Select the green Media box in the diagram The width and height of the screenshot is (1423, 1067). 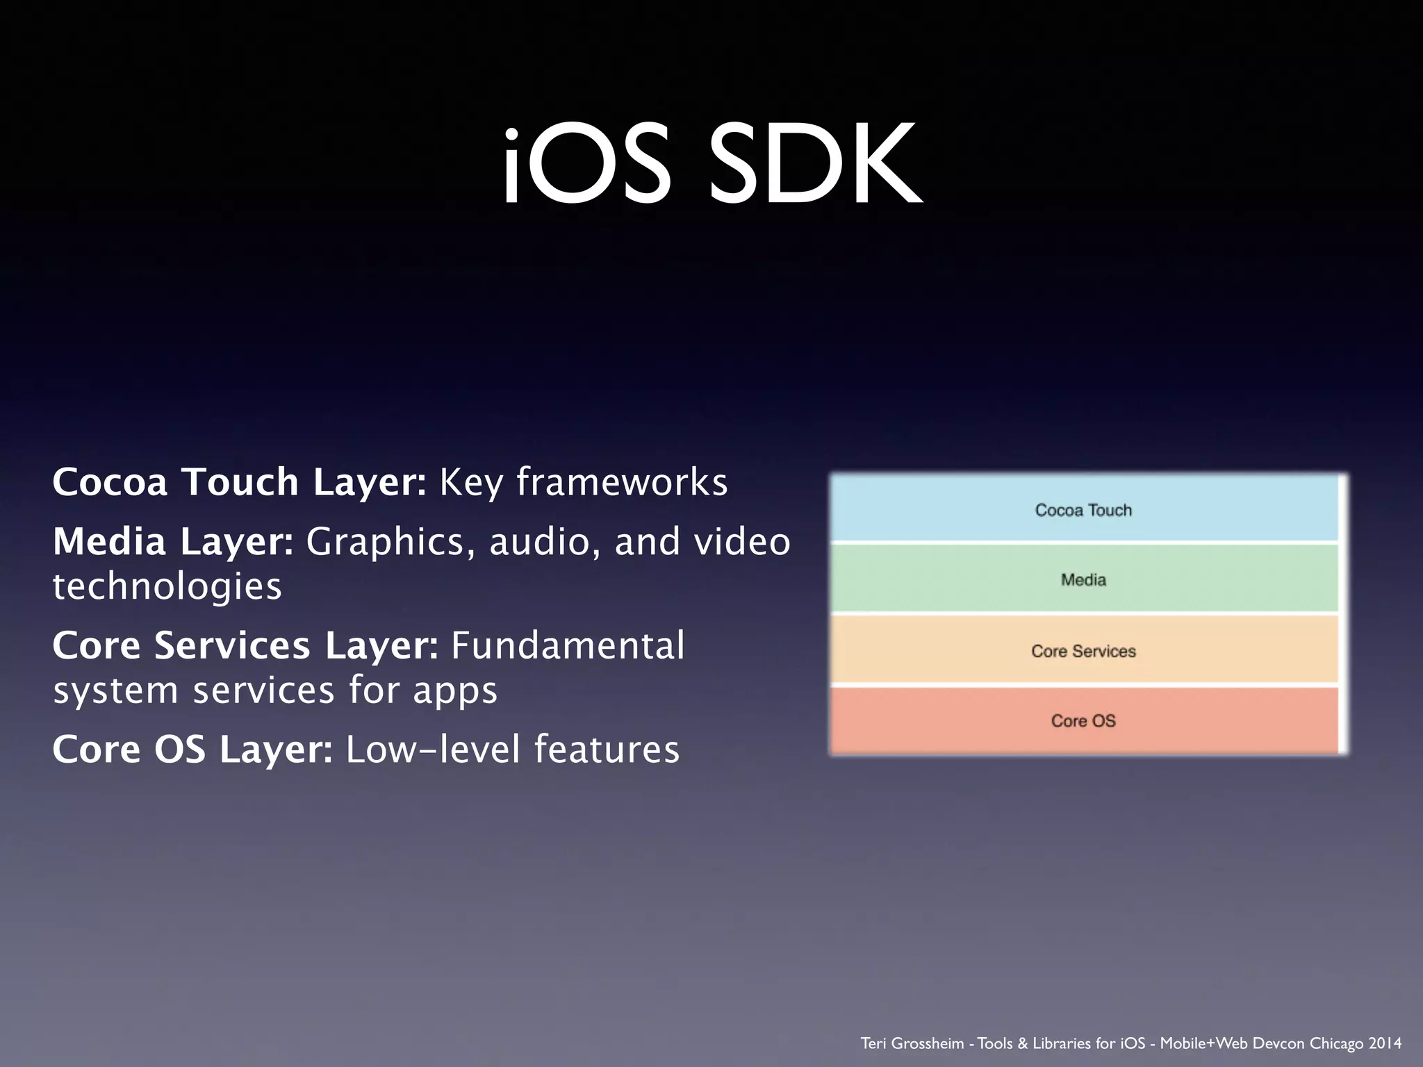coord(1084,579)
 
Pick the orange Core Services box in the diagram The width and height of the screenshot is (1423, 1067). coord(1084,650)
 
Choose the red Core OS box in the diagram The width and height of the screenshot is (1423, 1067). coord(1084,720)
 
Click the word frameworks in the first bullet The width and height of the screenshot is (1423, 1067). coord(622,481)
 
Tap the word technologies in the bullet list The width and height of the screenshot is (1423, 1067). coord(167,586)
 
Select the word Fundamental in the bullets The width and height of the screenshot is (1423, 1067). coord(568,645)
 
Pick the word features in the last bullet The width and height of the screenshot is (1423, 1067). coord(607,750)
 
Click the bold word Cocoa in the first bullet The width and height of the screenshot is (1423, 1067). coord(110,481)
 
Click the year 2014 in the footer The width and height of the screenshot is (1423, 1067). coord(1385,1043)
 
